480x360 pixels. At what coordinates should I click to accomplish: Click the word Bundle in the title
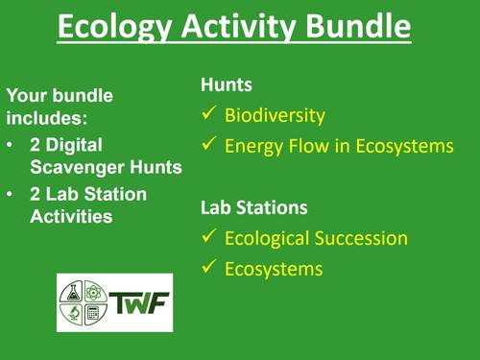357,28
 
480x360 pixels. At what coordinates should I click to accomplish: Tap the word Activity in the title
233,28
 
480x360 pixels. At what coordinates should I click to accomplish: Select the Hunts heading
226,85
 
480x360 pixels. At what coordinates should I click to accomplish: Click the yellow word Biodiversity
275,116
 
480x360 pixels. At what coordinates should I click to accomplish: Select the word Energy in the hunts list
252,147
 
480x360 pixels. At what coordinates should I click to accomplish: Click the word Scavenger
73,167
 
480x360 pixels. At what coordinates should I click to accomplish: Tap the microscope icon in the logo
73,312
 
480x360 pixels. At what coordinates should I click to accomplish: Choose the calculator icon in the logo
94,312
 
